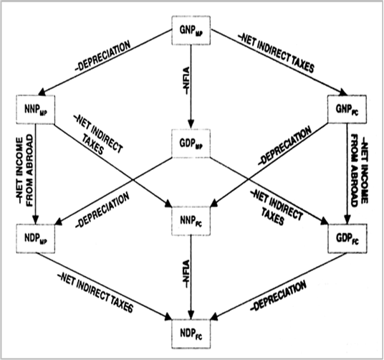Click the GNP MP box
pyautogui.click(x=191, y=30)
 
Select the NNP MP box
pyautogui.click(x=36, y=109)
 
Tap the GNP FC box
pyautogui.click(x=347, y=109)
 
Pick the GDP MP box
pyautogui.click(x=191, y=143)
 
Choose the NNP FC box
pyautogui.click(x=191, y=221)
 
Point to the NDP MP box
pyautogui.click(x=36, y=239)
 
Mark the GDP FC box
pyautogui.click(x=347, y=238)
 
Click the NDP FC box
pyautogui.click(x=191, y=333)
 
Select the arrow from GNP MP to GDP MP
pyautogui.click(x=191, y=87)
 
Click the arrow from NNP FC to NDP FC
pyautogui.click(x=191, y=278)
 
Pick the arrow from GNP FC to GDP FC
pyautogui.click(x=347, y=174)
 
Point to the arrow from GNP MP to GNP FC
pyautogui.click(x=279, y=62)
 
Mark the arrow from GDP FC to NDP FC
pyautogui.click(x=278, y=286)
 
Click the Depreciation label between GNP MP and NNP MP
pyautogui.click(x=103, y=56)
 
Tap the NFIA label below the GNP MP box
pyautogui.click(x=186, y=80)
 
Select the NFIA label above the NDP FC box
pyautogui.click(x=186, y=274)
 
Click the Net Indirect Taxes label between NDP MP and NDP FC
pyautogui.click(x=95, y=293)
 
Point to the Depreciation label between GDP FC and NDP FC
pyautogui.click(x=279, y=296)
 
